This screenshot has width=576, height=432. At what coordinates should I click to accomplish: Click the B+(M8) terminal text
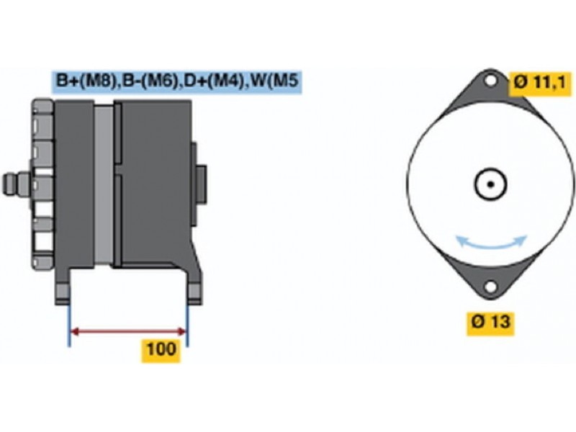coord(85,81)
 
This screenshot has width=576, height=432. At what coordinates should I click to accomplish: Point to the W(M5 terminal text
coord(271,81)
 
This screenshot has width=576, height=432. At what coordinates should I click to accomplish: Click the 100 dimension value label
coord(161,350)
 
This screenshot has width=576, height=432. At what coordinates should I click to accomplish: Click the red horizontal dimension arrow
coord(128,332)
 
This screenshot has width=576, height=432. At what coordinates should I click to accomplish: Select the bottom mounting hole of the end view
coord(490,288)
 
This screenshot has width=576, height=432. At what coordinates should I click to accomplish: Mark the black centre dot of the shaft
coord(490,184)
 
